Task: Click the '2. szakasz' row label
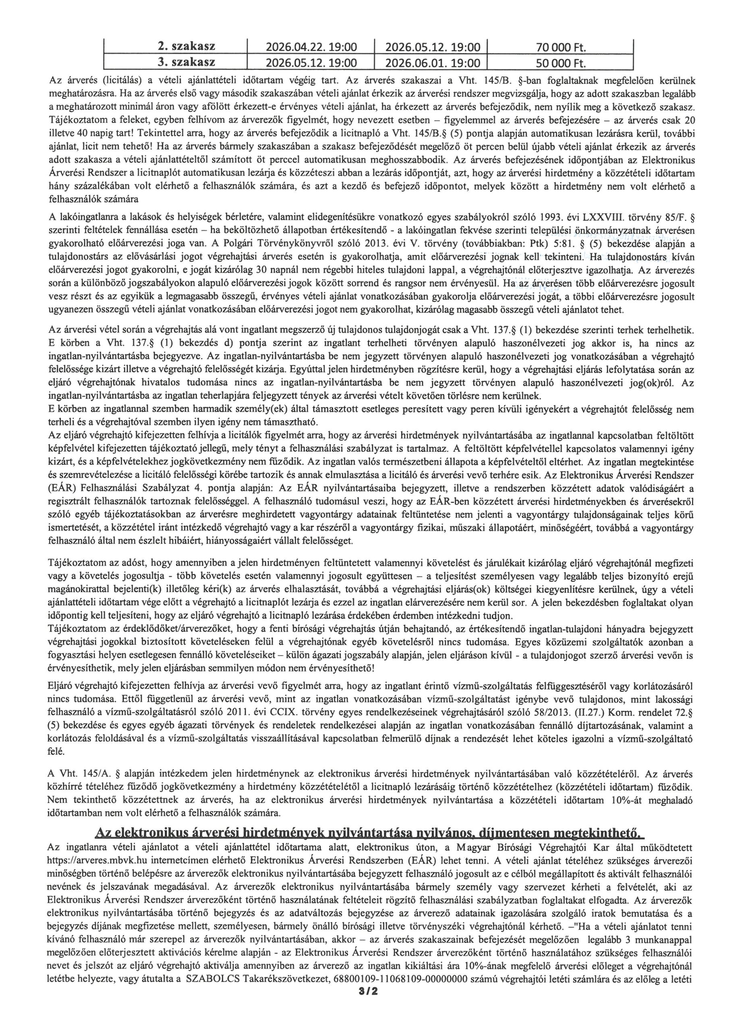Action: (186, 47)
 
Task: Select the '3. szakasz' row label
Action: (186, 62)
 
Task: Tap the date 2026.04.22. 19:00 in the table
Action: (311, 47)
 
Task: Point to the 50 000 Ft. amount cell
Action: (561, 63)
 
